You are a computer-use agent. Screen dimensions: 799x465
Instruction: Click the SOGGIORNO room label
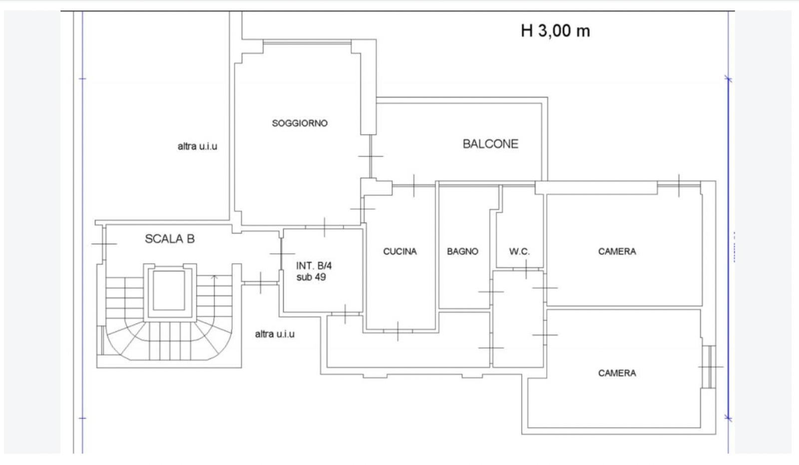[x=300, y=123]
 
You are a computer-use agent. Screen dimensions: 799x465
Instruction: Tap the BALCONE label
[x=490, y=144]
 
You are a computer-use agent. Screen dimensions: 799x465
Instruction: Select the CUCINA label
[x=400, y=252]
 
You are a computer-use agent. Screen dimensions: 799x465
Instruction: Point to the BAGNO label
[x=462, y=252]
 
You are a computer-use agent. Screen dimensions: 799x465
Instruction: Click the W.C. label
[x=519, y=252]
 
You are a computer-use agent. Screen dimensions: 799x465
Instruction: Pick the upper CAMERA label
[x=617, y=252]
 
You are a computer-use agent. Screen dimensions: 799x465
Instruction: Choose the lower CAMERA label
[x=617, y=373]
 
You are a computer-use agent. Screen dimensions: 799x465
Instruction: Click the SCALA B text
[x=170, y=239]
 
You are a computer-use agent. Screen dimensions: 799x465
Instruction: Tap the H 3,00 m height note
[x=555, y=30]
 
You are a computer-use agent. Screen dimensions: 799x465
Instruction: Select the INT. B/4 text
[x=314, y=266]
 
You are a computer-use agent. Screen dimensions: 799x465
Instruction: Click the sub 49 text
[x=311, y=277]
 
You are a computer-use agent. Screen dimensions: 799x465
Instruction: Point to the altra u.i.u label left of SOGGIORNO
[x=197, y=146]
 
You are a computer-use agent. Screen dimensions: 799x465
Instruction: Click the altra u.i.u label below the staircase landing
[x=275, y=334]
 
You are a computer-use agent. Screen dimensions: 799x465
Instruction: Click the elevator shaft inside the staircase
[x=169, y=291]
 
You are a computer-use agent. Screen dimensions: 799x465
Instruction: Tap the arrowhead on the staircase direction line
[x=214, y=277]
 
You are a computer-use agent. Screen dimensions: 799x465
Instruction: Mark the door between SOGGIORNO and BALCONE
[x=371, y=156]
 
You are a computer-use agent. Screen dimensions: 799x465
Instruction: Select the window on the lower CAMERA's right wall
[x=711, y=367]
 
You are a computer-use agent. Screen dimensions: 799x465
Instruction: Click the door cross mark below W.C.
[x=526, y=269]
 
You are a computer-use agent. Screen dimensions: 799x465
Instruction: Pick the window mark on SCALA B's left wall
[x=104, y=244]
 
